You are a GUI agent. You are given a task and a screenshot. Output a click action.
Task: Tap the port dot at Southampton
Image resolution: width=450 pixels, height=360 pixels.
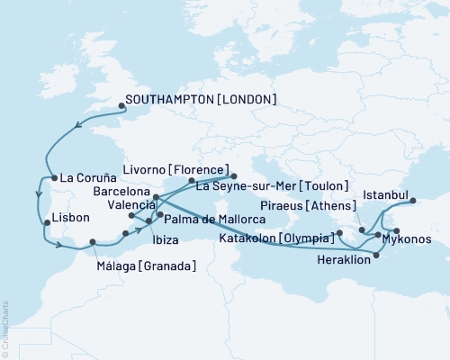pyautogui.click(x=121, y=105)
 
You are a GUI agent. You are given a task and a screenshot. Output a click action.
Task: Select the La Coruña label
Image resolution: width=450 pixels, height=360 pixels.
pyautogui.click(x=86, y=178)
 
